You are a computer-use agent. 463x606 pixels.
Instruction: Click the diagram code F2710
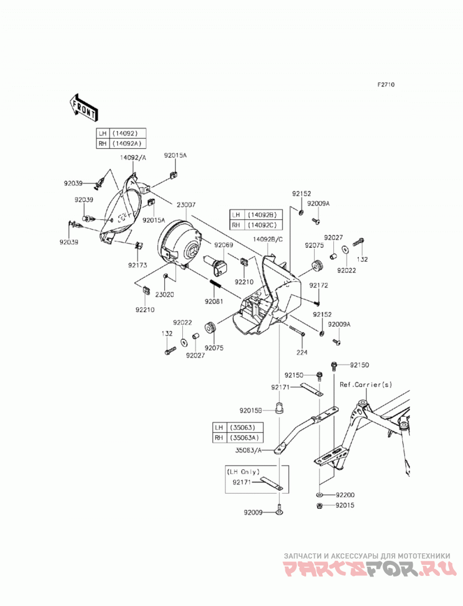pyautogui.click(x=386, y=85)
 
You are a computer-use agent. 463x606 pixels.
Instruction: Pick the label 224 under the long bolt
pyautogui.click(x=302, y=352)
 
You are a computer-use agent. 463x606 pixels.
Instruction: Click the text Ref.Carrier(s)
pyautogui.click(x=366, y=385)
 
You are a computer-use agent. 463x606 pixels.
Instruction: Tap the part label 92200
pyautogui.click(x=345, y=495)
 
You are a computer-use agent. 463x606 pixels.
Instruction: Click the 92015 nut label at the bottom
pyautogui.click(x=345, y=505)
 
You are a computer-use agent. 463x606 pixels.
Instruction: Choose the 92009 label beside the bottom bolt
pyautogui.click(x=253, y=512)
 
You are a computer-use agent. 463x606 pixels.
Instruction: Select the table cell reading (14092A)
pyautogui.click(x=127, y=144)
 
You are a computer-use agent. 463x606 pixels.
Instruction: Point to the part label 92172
pyautogui.click(x=318, y=285)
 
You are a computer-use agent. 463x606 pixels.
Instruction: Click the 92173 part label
pyautogui.click(x=138, y=265)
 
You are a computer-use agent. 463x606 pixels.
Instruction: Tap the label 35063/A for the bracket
pyautogui.click(x=248, y=450)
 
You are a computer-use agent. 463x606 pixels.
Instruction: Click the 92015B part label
pyautogui.click(x=251, y=410)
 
